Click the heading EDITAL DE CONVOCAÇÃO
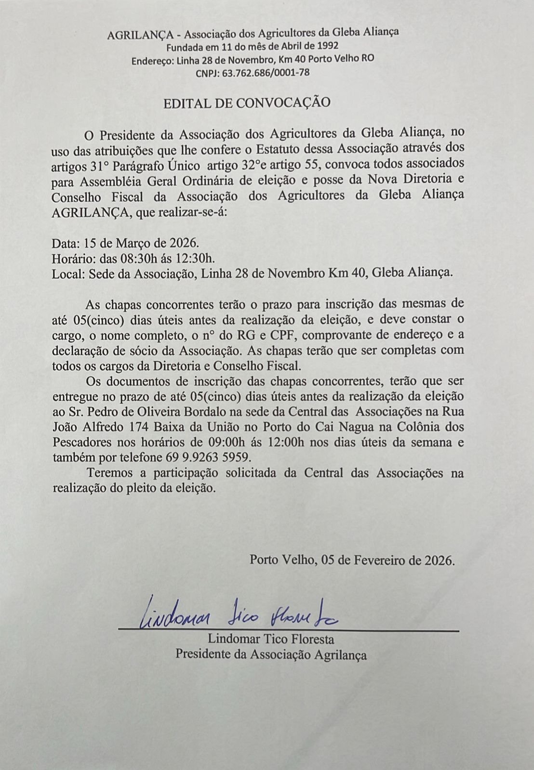pyautogui.click(x=247, y=103)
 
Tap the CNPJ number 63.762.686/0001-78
pyautogui.click(x=266, y=73)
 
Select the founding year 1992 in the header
pyautogui.click(x=328, y=47)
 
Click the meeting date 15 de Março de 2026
pyautogui.click(x=141, y=242)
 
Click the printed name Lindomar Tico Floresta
pyautogui.click(x=271, y=639)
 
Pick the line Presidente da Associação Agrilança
pyautogui.click(x=271, y=654)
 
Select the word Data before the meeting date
pyautogui.click(x=65, y=242)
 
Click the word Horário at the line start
pyautogui.click(x=70, y=257)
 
